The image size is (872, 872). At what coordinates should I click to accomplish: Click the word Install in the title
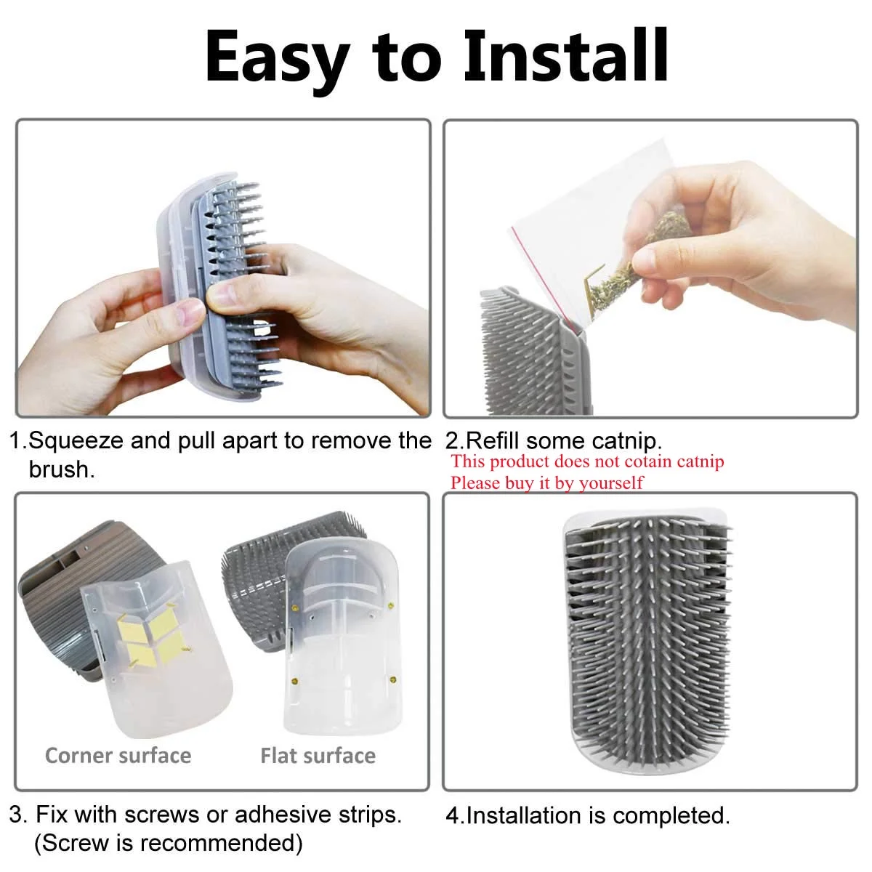[565, 56]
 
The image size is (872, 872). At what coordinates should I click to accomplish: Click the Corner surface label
[118, 756]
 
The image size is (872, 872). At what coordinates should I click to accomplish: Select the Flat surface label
[318, 756]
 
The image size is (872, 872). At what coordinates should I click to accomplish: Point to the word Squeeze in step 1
[76, 441]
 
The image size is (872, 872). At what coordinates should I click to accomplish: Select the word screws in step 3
[163, 815]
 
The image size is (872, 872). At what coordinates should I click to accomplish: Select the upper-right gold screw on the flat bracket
[392, 605]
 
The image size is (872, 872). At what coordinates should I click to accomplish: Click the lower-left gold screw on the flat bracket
[295, 681]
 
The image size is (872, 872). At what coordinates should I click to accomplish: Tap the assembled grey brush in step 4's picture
[648, 642]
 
